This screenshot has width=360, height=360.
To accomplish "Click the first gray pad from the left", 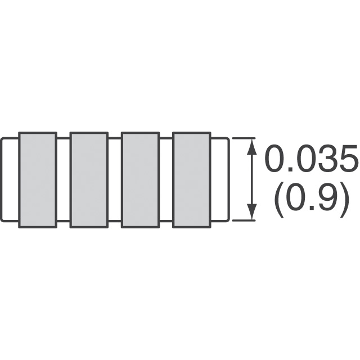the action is point(38,180).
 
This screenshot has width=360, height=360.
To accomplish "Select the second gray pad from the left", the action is point(89,180).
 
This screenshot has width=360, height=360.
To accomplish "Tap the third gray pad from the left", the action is point(140,180).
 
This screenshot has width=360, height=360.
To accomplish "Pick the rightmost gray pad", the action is point(192,180).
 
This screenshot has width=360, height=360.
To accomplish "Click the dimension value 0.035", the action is point(312,158).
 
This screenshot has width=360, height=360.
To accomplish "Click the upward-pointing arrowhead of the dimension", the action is point(253,147).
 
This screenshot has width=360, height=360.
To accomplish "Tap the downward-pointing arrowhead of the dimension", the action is point(253,211).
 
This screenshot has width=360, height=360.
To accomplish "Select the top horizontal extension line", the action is point(244,138).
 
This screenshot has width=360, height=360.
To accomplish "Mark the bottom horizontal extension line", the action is point(244,220).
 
